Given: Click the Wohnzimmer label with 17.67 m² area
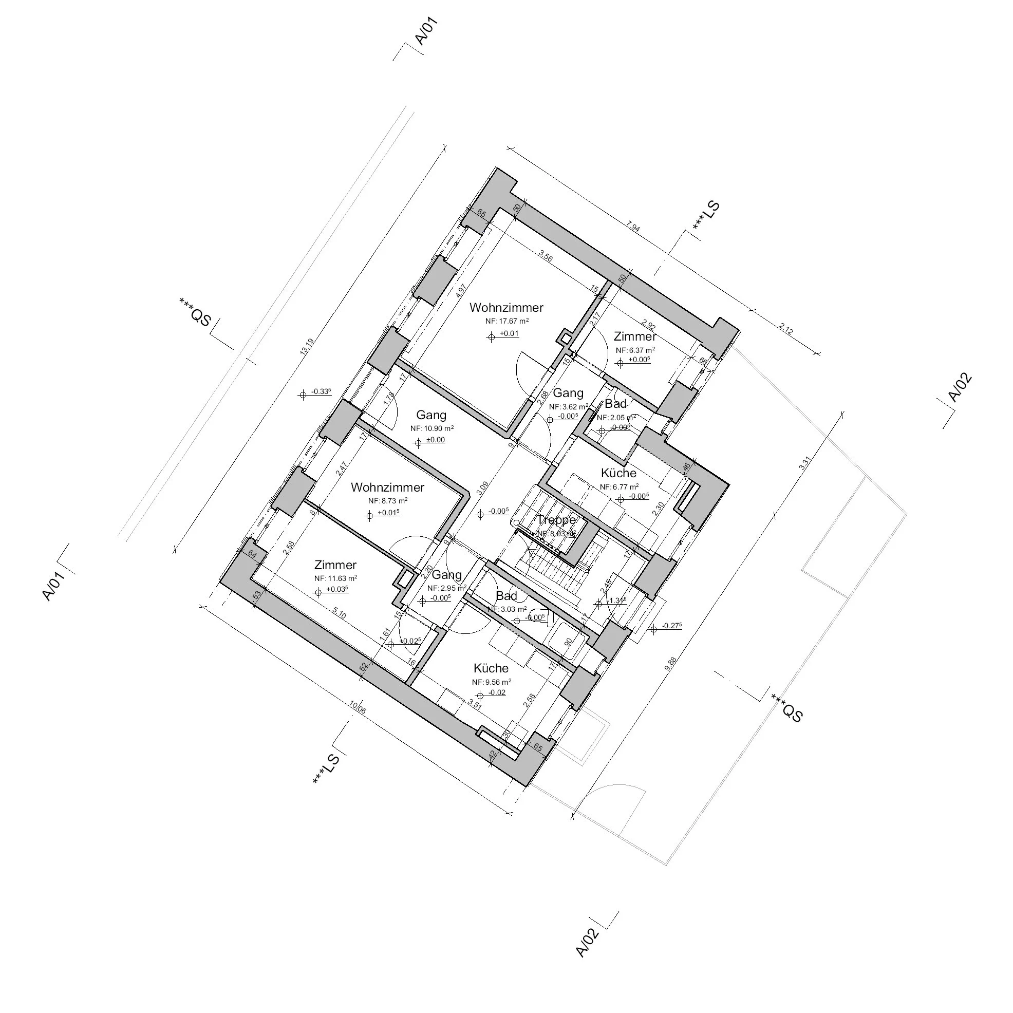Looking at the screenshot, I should click(x=506, y=308).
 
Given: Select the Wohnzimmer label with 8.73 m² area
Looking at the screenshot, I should click(x=387, y=487).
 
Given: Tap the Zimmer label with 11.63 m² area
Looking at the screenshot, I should click(x=335, y=565).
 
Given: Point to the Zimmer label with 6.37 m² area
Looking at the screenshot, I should click(x=635, y=336).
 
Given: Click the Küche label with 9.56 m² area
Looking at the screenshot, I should click(x=491, y=668).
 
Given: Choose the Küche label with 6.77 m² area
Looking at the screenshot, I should click(x=618, y=474).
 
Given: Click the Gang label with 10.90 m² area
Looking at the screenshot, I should click(x=431, y=415).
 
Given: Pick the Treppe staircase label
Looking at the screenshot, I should click(x=556, y=520).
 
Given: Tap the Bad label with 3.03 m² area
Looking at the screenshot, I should click(x=506, y=596).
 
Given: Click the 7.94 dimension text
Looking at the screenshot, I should click(x=633, y=228).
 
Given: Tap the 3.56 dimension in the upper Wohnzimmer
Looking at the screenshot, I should click(x=546, y=257).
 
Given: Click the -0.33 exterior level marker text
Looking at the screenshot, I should click(x=320, y=391).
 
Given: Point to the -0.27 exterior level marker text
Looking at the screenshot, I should click(x=672, y=626).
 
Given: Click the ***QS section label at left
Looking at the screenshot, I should click(x=195, y=311).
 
